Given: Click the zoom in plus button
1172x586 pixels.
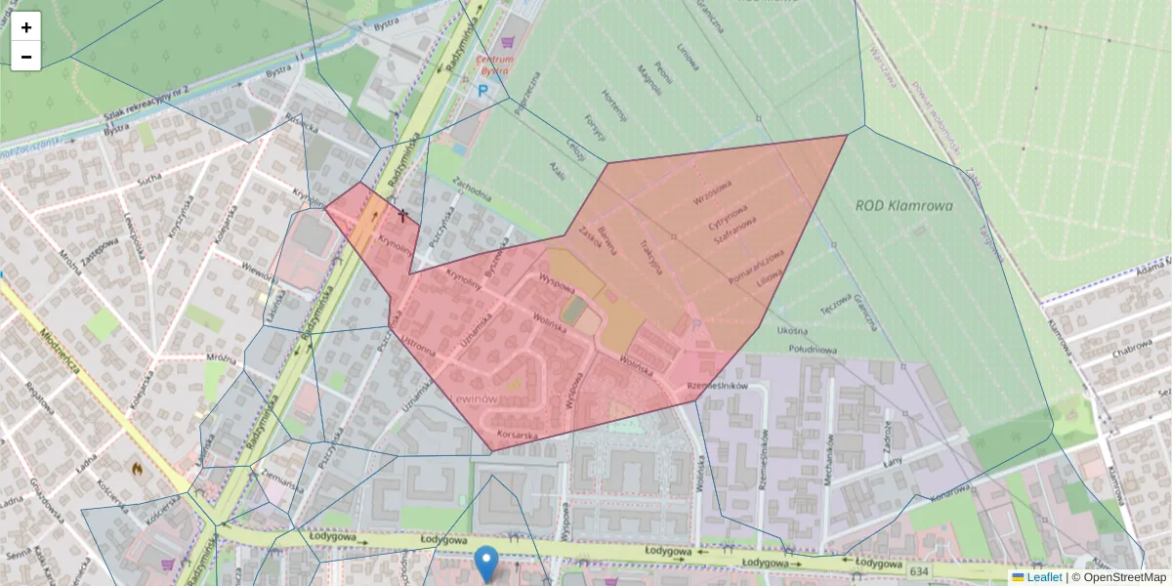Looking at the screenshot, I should [x=26, y=27].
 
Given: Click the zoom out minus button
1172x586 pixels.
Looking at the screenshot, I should [x=26, y=57].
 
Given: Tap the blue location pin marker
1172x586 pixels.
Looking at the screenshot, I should [x=485, y=564].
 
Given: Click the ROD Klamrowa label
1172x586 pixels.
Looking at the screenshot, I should [x=903, y=205].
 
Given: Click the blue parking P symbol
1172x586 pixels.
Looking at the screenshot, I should [x=483, y=90].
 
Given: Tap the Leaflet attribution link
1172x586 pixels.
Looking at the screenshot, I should [x=1044, y=577].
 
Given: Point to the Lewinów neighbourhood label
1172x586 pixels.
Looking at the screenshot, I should [x=476, y=400].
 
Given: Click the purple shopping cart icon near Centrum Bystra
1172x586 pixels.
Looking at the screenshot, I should [x=507, y=42].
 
